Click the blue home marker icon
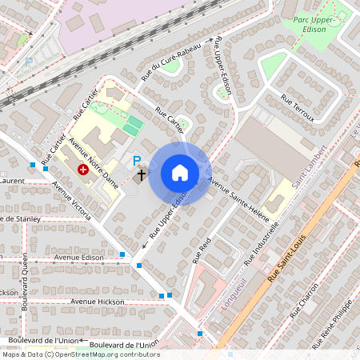click(x=180, y=173)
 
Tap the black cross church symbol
click(x=141, y=174)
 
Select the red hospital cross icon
click(x=83, y=170)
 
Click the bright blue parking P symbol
click(x=137, y=160)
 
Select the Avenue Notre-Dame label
click(x=93, y=164)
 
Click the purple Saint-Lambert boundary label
click(x=309, y=167)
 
